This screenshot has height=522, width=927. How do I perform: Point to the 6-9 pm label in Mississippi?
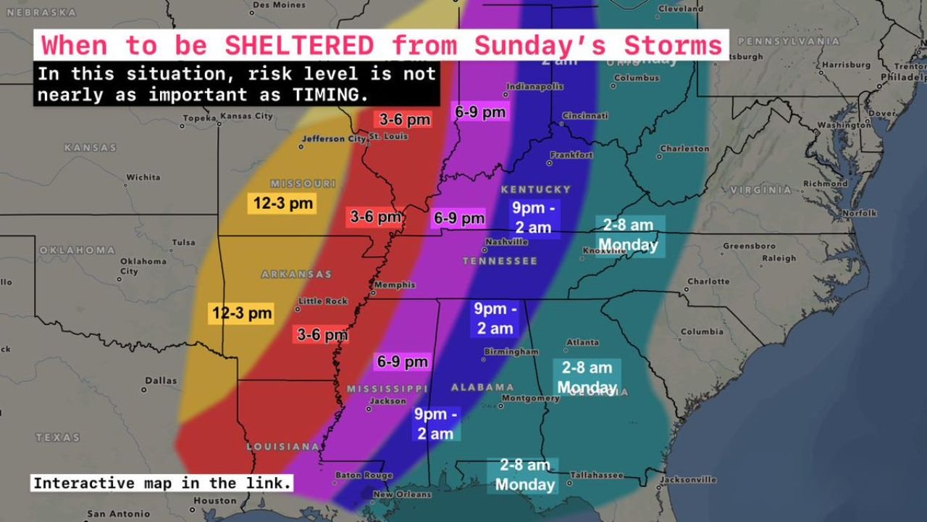pyautogui.click(x=402, y=361)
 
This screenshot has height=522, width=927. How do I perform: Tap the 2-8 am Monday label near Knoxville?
pyautogui.click(x=629, y=236)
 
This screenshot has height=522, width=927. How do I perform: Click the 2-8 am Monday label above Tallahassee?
pyautogui.click(x=525, y=475)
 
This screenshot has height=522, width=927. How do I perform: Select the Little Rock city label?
pyautogui.click(x=323, y=301)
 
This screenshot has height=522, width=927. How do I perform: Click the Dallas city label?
pyautogui.click(x=160, y=381)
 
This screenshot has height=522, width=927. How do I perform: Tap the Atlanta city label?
pyautogui.click(x=582, y=342)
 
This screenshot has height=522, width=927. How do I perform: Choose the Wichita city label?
pyautogui.click(x=143, y=177)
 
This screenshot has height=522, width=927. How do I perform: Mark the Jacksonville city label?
pyautogui.click(x=687, y=479)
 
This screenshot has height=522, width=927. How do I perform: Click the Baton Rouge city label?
pyautogui.click(x=353, y=476)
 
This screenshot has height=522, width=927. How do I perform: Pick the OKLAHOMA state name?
pyautogui.click(x=77, y=250)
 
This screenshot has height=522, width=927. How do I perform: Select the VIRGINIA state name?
pyautogui.click(x=760, y=190)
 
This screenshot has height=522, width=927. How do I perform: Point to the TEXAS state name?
pyautogui.click(x=57, y=437)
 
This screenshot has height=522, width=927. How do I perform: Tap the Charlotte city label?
pyautogui.click(x=708, y=281)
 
